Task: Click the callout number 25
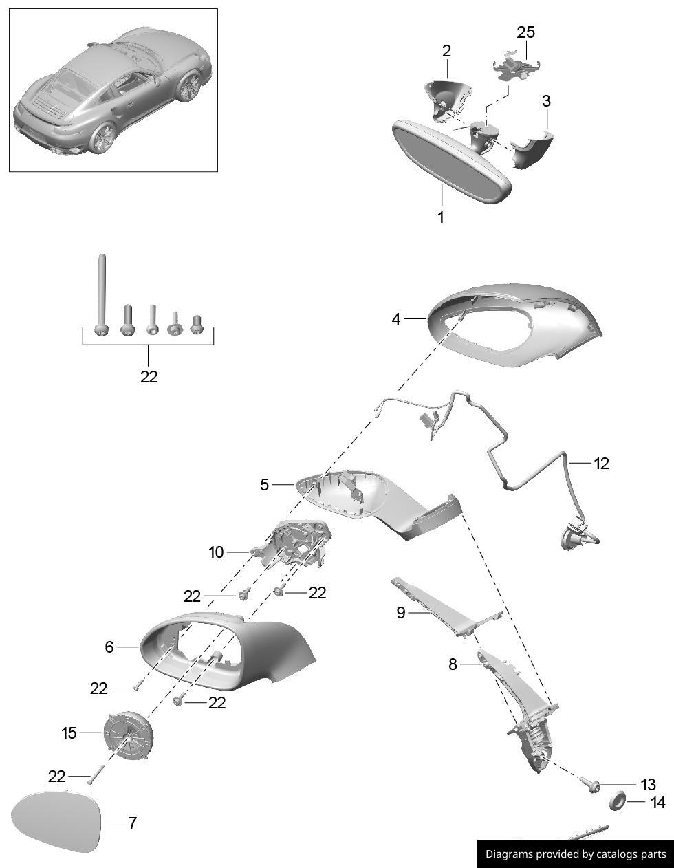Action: coord(525,32)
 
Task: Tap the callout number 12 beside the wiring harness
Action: coord(601,464)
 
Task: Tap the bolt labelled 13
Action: coord(594,788)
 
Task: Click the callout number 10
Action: coord(216,552)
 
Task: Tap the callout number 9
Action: coord(400,612)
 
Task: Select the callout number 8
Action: coord(452,664)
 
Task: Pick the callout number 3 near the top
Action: coord(546,101)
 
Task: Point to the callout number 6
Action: coord(109,647)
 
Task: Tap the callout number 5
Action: coord(264,484)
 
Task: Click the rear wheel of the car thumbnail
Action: coord(103,138)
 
